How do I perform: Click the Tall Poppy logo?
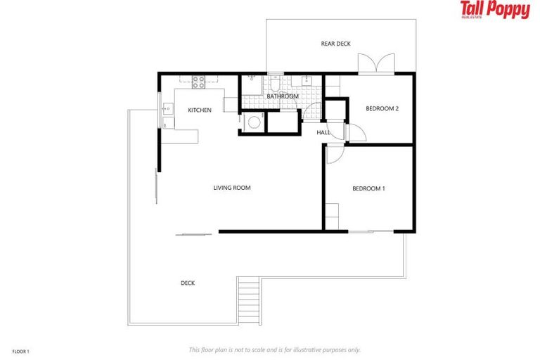click(x=495, y=10)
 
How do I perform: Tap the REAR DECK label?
click(x=335, y=44)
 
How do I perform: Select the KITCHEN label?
click(x=200, y=110)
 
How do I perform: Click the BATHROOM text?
click(x=283, y=96)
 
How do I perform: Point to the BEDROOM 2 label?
click(x=382, y=108)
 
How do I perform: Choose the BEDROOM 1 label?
click(x=368, y=188)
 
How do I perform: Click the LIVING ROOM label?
click(x=232, y=188)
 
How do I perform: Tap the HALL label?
click(x=323, y=132)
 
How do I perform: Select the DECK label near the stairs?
click(x=188, y=283)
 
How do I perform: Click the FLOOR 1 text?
click(x=21, y=350)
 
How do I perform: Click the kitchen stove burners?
click(x=198, y=81)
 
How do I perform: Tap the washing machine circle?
click(x=253, y=122)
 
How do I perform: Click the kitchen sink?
click(x=168, y=109)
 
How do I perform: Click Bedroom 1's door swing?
click(x=333, y=154)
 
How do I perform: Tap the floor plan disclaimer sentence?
click(x=274, y=349)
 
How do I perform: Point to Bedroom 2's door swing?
click(x=354, y=132)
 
